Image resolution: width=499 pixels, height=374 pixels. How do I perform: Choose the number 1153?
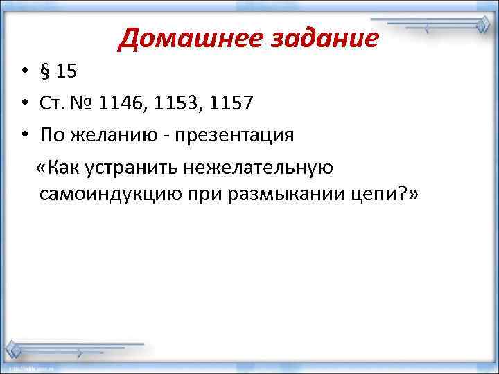coord(177,104)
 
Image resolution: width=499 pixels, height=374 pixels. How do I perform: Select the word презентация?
coord(236,135)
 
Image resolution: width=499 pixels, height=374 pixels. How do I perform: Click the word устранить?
coord(132,167)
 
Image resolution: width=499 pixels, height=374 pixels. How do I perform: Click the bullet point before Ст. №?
coord(24,104)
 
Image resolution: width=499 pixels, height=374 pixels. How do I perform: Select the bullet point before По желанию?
coord(24,135)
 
